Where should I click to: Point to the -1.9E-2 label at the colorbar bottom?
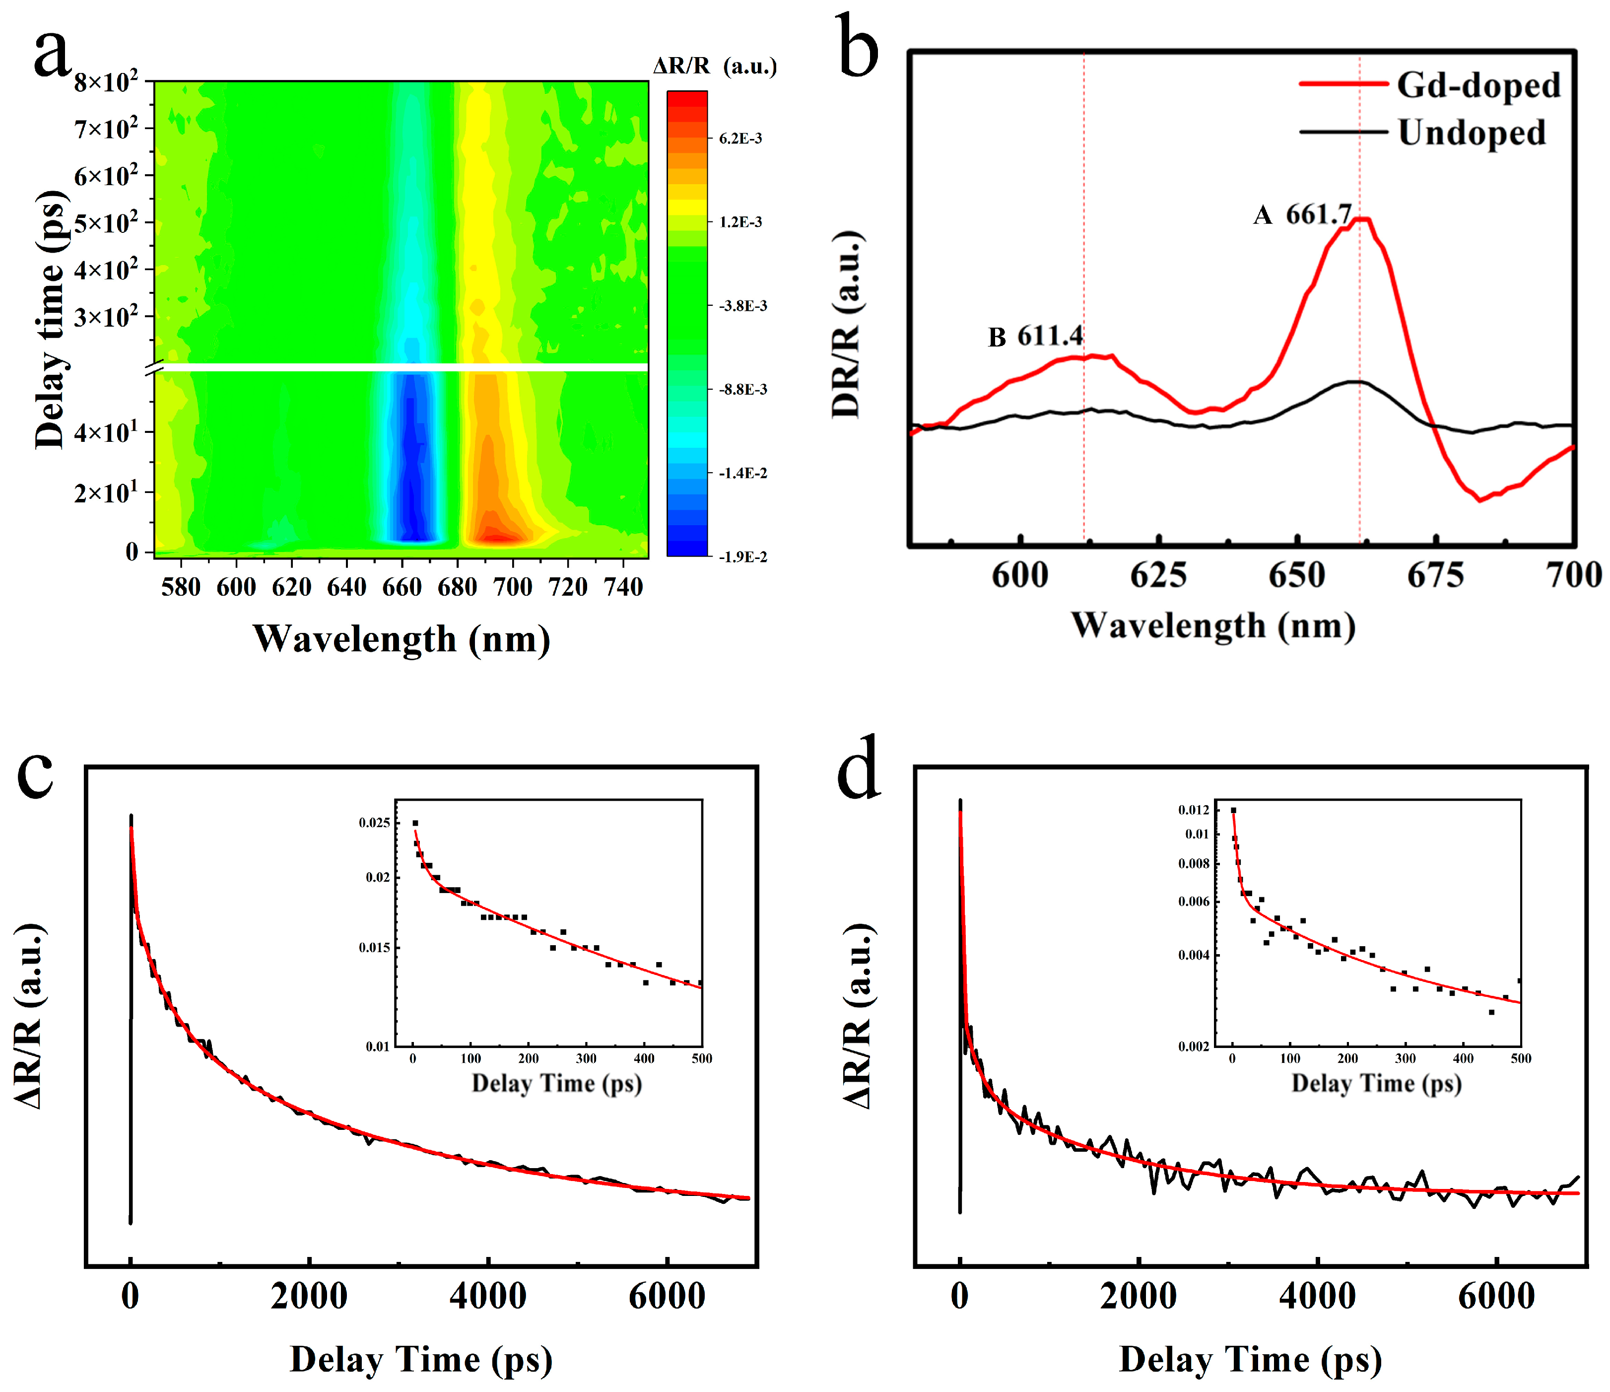pos(742,557)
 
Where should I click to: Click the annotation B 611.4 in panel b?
pos(1035,337)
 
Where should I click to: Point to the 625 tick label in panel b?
pos(1158,576)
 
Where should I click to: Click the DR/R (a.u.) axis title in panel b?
pos(847,325)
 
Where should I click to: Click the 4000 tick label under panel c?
pos(487,1296)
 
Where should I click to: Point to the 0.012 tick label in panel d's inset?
pos(1194,810)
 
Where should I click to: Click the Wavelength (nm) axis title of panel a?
pos(401,639)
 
